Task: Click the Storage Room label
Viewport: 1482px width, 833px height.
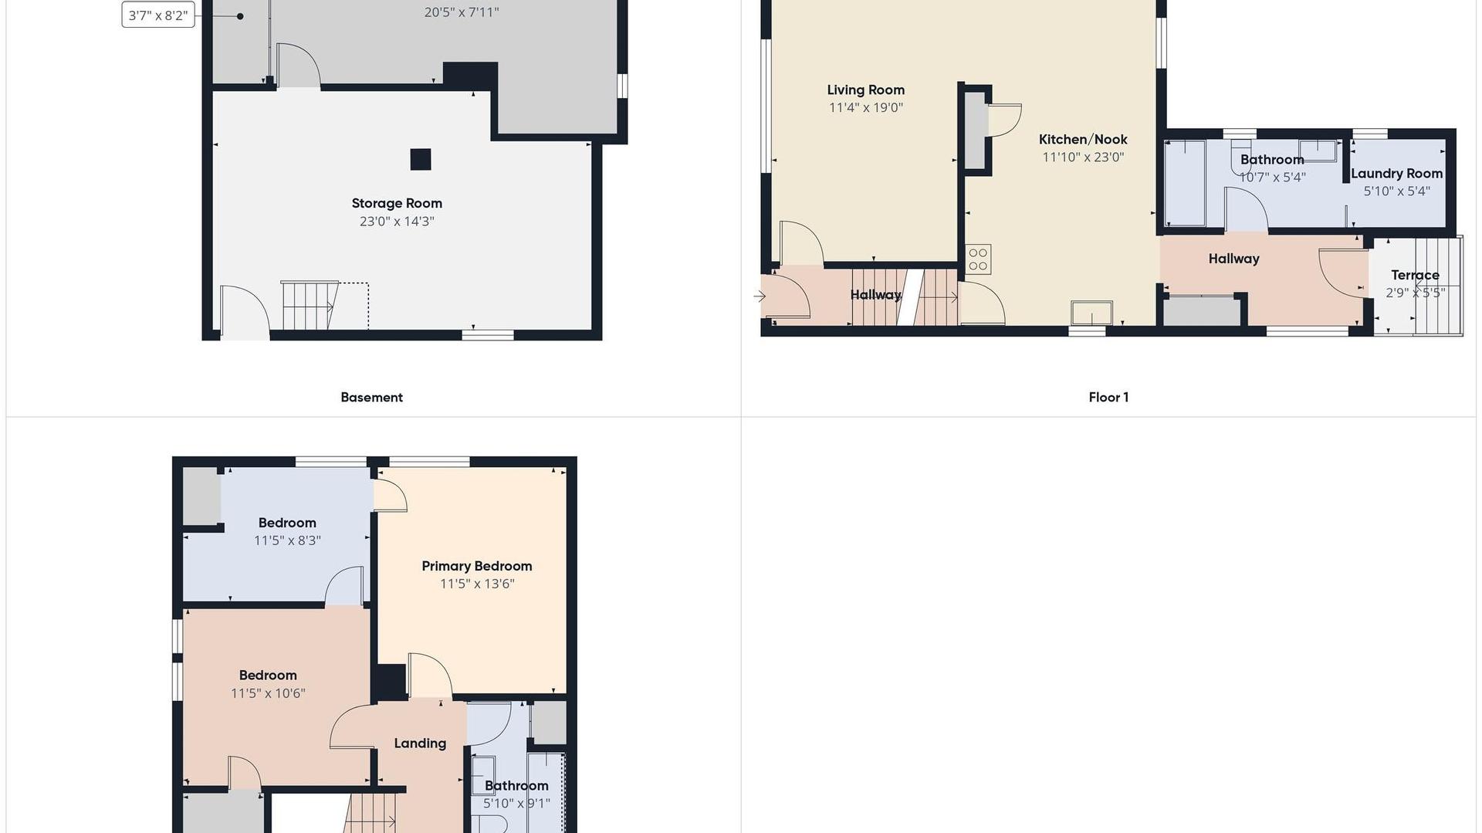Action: pyautogui.click(x=397, y=203)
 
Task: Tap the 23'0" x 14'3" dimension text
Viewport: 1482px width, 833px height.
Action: pyautogui.click(x=397, y=222)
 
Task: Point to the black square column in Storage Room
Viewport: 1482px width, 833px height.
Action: pyautogui.click(x=421, y=159)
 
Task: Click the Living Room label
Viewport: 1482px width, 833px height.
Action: pyautogui.click(x=866, y=90)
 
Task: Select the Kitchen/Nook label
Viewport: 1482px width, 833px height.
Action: pyautogui.click(x=1083, y=140)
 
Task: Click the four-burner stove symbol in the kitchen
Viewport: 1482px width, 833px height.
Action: pyautogui.click(x=978, y=259)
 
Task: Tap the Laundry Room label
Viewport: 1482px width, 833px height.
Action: pyautogui.click(x=1396, y=174)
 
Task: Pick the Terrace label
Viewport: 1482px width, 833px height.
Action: pyautogui.click(x=1415, y=275)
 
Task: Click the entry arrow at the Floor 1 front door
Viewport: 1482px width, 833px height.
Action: pyautogui.click(x=760, y=296)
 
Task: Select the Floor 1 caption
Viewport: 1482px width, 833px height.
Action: pyautogui.click(x=1108, y=398)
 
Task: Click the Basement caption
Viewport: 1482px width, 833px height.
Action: pyautogui.click(x=371, y=398)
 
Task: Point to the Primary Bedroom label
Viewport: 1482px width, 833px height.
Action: pyautogui.click(x=477, y=566)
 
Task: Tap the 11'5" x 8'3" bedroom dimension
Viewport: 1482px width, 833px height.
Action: pyautogui.click(x=287, y=541)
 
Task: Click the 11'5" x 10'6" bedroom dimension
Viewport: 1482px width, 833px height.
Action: pyautogui.click(x=268, y=693)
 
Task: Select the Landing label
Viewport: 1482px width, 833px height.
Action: pyautogui.click(x=420, y=743)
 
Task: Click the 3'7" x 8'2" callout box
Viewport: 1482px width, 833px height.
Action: pyautogui.click(x=158, y=15)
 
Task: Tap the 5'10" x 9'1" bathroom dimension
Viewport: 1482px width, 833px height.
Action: pyautogui.click(x=516, y=804)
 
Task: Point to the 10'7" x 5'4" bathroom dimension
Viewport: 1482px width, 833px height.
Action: pyautogui.click(x=1272, y=178)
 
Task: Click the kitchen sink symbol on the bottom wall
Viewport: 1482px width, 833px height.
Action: pyautogui.click(x=1091, y=313)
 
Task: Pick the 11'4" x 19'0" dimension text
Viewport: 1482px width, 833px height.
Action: pyautogui.click(x=866, y=108)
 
